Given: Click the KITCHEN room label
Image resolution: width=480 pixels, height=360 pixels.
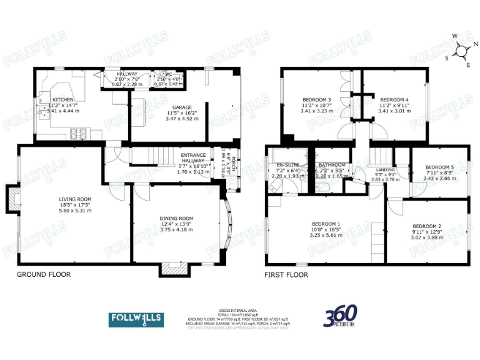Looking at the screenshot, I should click(62, 100).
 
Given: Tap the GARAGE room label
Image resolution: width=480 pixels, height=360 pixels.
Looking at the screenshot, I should click(182, 107).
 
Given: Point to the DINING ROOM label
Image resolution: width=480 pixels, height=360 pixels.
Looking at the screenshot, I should click(172, 218).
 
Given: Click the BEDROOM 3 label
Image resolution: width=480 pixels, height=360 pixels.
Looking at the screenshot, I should click(317, 100).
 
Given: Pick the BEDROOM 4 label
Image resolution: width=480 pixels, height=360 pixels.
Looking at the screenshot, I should click(394, 100).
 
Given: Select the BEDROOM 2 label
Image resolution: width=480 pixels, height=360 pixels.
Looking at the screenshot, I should click(427, 226).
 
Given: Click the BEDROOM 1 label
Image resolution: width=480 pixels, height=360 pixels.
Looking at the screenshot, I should click(326, 224).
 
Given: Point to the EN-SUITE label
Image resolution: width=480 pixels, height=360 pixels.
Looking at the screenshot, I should click(289, 165).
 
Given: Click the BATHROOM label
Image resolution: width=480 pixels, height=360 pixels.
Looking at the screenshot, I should click(332, 165).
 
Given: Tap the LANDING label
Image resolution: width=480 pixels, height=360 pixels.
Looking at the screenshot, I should click(384, 169).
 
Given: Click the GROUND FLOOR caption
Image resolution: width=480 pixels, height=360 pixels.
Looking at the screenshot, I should click(43, 274).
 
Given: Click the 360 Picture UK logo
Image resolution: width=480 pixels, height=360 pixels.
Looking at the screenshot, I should click(341, 317).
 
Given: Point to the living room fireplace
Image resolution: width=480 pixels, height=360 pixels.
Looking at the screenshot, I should click(12, 199).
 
